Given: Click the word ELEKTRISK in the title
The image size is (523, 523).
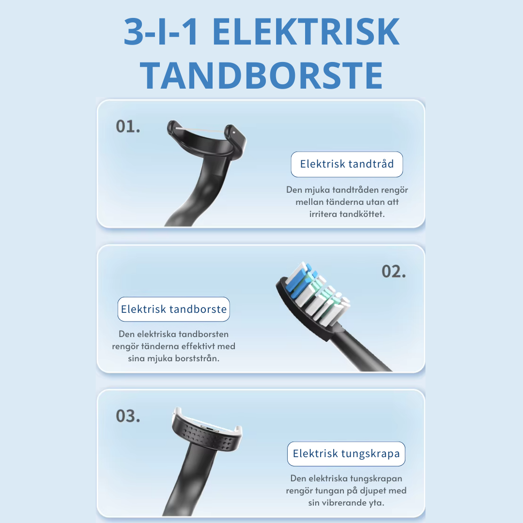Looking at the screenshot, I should click(306, 32).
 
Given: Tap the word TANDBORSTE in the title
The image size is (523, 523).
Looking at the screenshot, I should click(261, 75).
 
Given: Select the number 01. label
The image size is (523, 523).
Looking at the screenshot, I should click(128, 126).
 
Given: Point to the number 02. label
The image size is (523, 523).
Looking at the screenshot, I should click(394, 272).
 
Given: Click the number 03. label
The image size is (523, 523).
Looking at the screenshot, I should click(128, 416).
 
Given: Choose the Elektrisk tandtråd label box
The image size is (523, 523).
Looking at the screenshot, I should click(347, 164).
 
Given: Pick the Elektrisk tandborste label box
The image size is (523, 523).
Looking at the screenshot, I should click(174, 309).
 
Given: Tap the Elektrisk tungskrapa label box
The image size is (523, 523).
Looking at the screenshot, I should click(346, 454).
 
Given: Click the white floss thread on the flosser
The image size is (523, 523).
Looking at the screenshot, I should click(203, 129).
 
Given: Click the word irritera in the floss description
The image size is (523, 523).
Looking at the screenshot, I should click(325, 214).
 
